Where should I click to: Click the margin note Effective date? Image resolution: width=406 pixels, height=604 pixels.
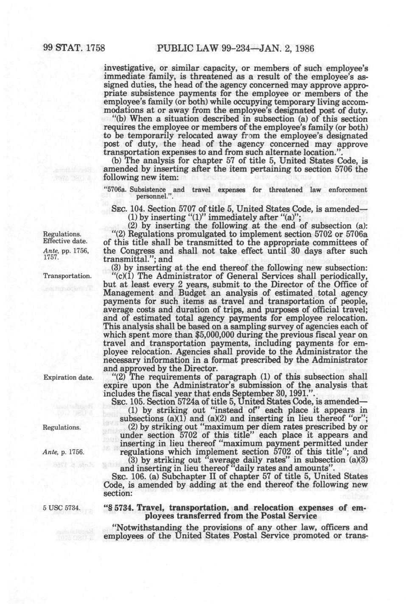[x=64, y=242]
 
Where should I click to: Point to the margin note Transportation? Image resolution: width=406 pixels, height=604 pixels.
[x=67, y=276]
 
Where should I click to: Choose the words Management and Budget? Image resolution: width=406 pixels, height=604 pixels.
[x=143, y=292]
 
